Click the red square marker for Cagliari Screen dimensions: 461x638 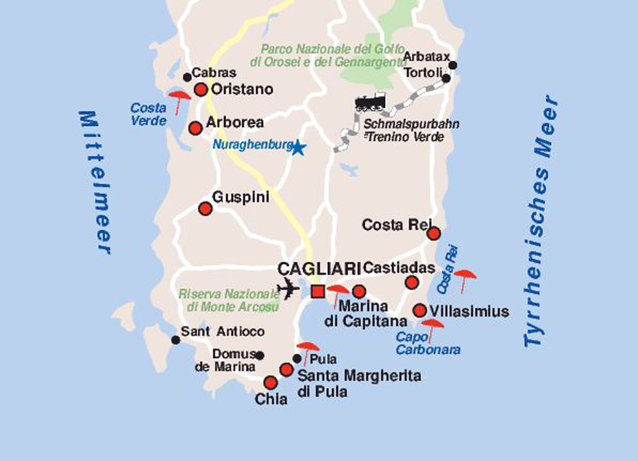pos(317,291)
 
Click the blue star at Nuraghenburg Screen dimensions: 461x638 pos(297,148)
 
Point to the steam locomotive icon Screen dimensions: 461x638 pos(370,103)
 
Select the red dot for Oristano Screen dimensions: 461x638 pos(201,90)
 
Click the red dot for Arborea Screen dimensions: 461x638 pos(195,128)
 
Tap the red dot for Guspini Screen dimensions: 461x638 pos(205,209)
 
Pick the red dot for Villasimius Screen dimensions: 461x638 pos(419,310)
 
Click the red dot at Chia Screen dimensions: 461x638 pos(270,383)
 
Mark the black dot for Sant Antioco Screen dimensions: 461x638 pos(175,340)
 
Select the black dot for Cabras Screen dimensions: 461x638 pos(187,77)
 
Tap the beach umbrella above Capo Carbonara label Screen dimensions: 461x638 pos(432,327)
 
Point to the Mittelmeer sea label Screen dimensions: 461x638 pos(96,182)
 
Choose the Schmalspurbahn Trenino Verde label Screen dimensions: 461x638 pos(414,130)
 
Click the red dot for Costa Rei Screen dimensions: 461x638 pos(434,233)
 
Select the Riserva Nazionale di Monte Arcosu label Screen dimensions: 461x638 pos(229,300)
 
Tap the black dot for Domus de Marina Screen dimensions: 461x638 pos(260,355)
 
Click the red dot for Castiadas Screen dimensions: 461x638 pos(412,283)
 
